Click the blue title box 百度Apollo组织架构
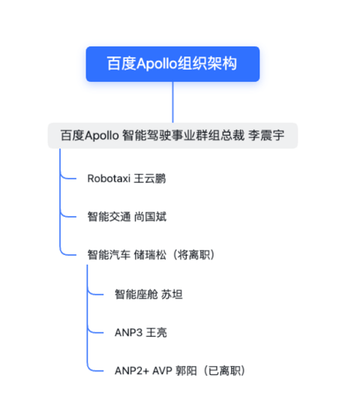(x=172, y=64)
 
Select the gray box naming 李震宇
(x=172, y=135)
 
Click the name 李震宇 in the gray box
(x=266, y=135)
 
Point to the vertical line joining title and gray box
(x=172, y=102)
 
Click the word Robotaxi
(x=109, y=178)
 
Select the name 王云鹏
(x=150, y=178)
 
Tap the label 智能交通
(x=109, y=217)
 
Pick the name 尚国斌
(x=150, y=217)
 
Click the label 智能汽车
(x=109, y=255)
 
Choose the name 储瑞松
(x=150, y=255)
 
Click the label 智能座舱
(x=136, y=294)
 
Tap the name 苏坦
(x=172, y=294)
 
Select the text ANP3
(x=128, y=333)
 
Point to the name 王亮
(x=157, y=333)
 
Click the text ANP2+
(x=132, y=371)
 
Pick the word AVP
(x=162, y=371)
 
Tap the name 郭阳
(x=186, y=371)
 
